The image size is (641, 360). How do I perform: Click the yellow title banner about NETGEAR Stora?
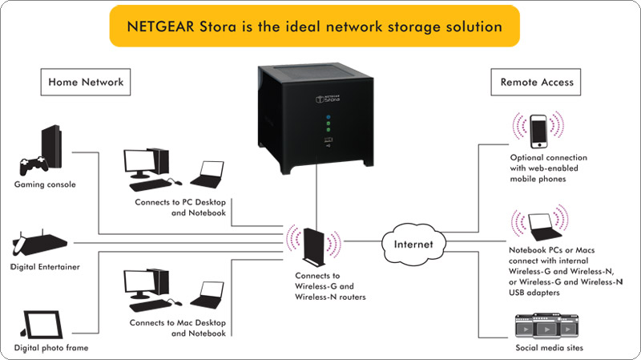pyautogui.click(x=314, y=26)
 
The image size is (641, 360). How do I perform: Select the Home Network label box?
pyautogui.click(x=85, y=82)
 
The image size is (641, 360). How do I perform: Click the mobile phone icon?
pyautogui.click(x=538, y=130)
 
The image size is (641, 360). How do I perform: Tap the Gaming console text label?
pyautogui.click(x=45, y=184)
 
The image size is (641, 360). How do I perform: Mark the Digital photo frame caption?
pyautogui.click(x=50, y=348)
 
